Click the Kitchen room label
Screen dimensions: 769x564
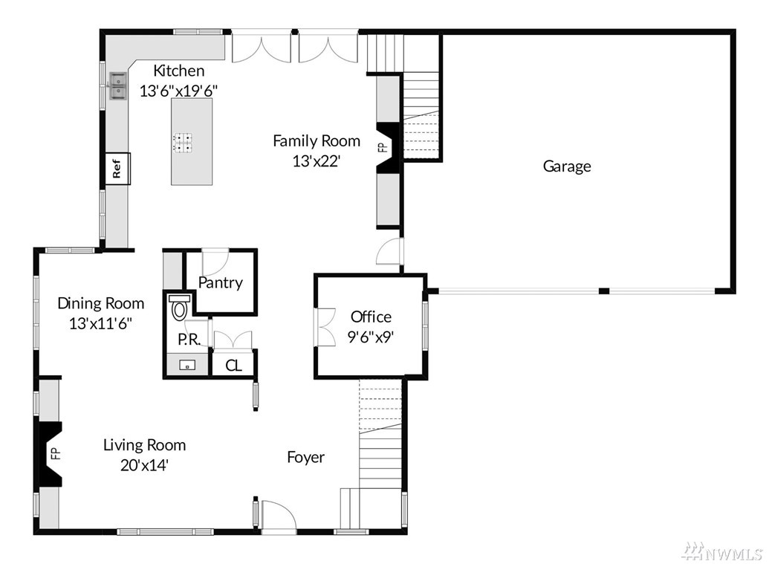178,71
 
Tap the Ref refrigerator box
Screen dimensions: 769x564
117,168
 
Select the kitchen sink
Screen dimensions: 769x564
117,86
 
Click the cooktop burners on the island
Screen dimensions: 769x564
182,142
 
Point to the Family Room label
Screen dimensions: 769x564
317,141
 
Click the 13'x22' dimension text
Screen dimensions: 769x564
317,161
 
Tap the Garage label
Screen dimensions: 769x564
566,166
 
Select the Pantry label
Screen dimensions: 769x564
220,282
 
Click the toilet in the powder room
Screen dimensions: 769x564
179,307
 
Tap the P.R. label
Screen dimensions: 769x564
189,340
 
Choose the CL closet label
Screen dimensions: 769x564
233,366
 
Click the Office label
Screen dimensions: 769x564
371,317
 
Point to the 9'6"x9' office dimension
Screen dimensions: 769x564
371,337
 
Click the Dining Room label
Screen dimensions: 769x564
100,304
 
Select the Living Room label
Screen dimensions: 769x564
144,445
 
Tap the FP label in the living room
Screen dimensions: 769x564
56,453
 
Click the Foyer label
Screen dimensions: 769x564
305,458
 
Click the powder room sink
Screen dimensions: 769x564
186,365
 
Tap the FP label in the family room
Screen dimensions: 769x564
383,147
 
